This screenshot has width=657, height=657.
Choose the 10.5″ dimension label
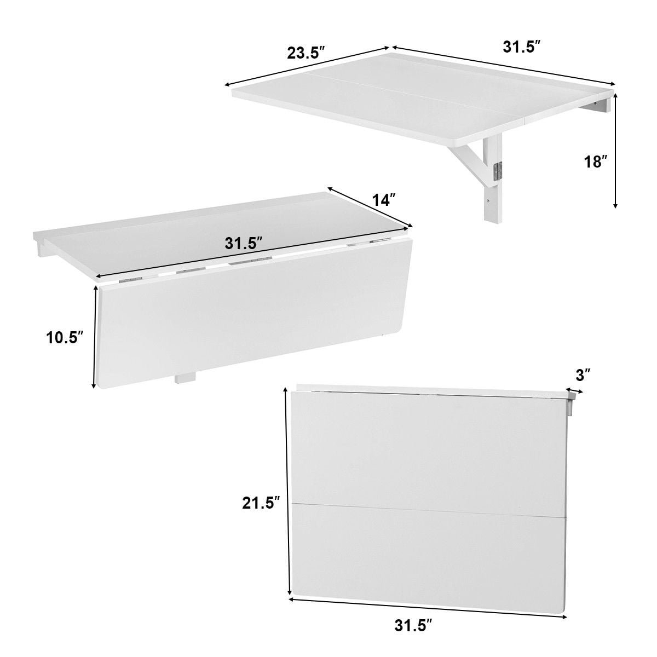coord(65,338)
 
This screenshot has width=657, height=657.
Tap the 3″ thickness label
coord(583,375)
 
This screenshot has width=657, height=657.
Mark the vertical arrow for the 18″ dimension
coord(615,151)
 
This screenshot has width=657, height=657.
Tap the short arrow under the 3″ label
coord(574,391)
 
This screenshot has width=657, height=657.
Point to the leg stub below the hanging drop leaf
coord(185,379)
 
